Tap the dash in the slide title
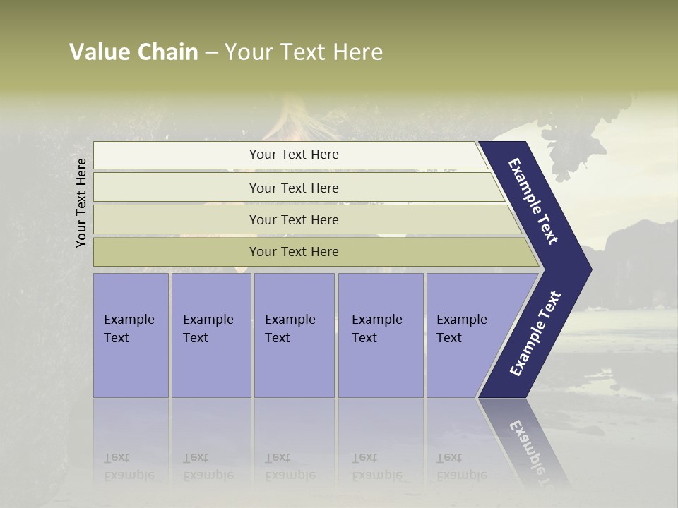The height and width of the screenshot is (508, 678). coord(211,53)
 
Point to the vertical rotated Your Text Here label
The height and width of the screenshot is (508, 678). coord(81,202)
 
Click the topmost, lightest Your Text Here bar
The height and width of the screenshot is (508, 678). coord(293,155)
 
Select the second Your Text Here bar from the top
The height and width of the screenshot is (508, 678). coord(293,188)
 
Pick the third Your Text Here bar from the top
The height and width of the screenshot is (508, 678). coord(293,219)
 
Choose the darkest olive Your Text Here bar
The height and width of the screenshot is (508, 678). coord(293,252)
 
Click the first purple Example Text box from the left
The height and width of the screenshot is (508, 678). coord(131,335)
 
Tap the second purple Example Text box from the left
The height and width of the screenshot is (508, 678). coord(210,335)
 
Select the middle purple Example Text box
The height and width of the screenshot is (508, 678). coord(294,335)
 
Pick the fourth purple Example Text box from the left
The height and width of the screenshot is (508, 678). coord(380,335)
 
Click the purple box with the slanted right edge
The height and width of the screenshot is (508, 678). coord(470,335)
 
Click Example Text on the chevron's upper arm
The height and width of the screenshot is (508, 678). coord(533,201)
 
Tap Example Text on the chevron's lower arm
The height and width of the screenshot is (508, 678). coord(535,334)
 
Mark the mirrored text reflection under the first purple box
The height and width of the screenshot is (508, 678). coord(129,466)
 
